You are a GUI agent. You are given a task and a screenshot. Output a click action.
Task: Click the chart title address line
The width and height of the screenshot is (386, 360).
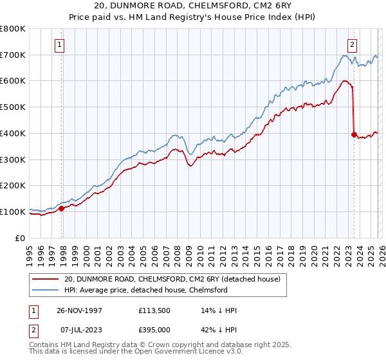[192, 6]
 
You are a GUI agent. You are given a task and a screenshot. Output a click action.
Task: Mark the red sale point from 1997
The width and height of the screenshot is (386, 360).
[62, 208]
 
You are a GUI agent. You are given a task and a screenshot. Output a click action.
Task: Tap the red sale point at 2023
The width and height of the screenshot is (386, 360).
[354, 134]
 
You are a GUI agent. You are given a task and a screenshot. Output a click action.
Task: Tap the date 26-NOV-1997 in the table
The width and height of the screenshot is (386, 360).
[86, 310]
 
